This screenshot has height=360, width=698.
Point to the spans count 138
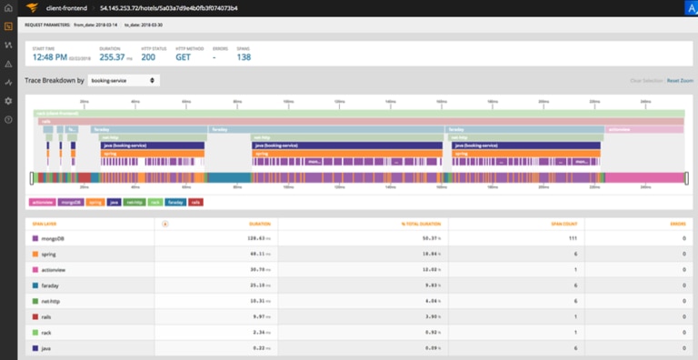(x=243, y=56)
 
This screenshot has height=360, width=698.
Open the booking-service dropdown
(x=124, y=80)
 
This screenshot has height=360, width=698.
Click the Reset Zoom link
(x=680, y=81)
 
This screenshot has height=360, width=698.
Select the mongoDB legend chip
(x=72, y=202)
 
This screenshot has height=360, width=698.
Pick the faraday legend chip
(x=175, y=202)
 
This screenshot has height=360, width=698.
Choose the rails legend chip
(x=196, y=202)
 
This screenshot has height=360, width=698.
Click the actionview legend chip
(x=43, y=202)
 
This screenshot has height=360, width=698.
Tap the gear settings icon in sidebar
(x=8, y=100)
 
